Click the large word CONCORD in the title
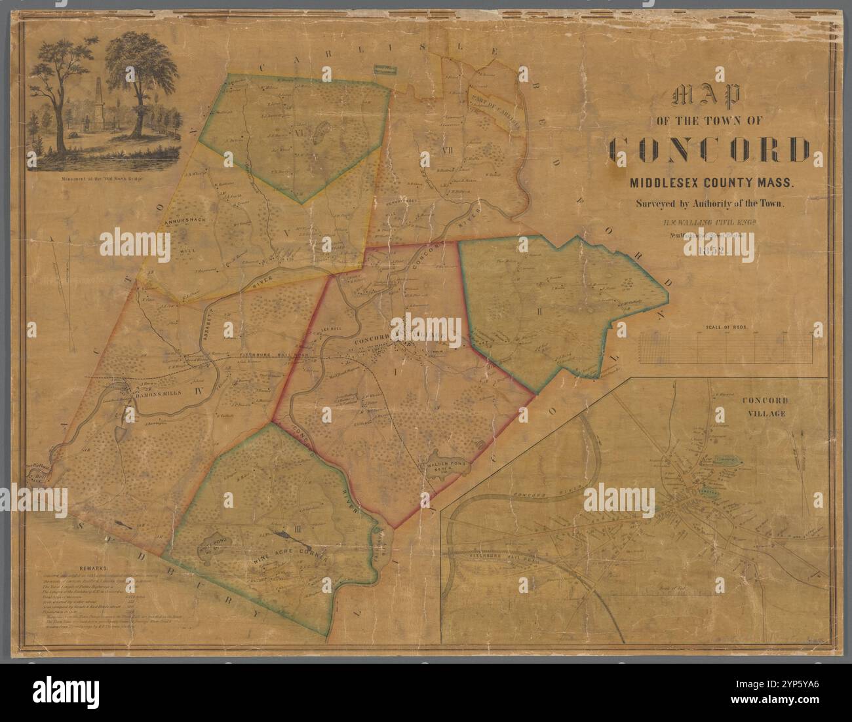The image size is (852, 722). click(x=708, y=150)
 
